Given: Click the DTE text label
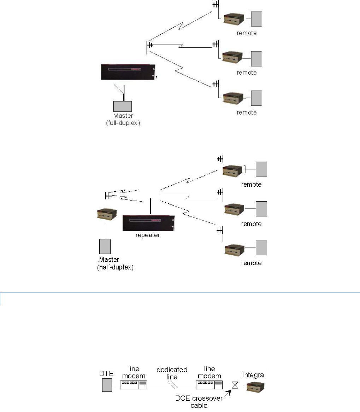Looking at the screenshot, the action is pyautogui.click(x=106, y=373).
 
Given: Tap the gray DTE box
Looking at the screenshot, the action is pyautogui.click(x=107, y=385).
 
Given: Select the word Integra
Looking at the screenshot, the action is pyautogui.click(x=253, y=375).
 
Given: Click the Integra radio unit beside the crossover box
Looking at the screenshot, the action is pyautogui.click(x=255, y=387).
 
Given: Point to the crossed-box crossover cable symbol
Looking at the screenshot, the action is pyautogui.click(x=235, y=385).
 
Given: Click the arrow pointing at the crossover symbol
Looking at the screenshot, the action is pyautogui.click(x=228, y=393).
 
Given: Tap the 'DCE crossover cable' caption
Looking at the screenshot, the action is pyautogui.click(x=199, y=402).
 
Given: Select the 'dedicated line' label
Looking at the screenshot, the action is pyautogui.click(x=172, y=373).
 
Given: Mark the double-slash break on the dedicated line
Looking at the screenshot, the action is pyautogui.click(x=173, y=385).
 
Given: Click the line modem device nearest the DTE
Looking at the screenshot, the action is pyautogui.click(x=134, y=385).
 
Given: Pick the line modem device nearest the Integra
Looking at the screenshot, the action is pyautogui.click(x=209, y=385).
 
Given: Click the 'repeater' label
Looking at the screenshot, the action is pyautogui.click(x=148, y=235).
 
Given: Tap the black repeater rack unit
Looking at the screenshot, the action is pyautogui.click(x=149, y=223).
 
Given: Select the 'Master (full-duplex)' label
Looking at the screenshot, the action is pyautogui.click(x=123, y=119).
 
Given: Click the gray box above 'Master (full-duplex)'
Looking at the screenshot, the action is pyautogui.click(x=122, y=106).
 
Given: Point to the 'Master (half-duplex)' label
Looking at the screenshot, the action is pyautogui.click(x=115, y=263).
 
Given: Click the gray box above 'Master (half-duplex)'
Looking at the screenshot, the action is pyautogui.click(x=105, y=246).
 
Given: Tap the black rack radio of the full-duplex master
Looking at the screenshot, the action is pyautogui.click(x=129, y=72).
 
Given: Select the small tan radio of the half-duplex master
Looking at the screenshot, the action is pyautogui.click(x=107, y=214).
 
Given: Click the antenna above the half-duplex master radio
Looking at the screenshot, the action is pyautogui.click(x=108, y=196).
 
